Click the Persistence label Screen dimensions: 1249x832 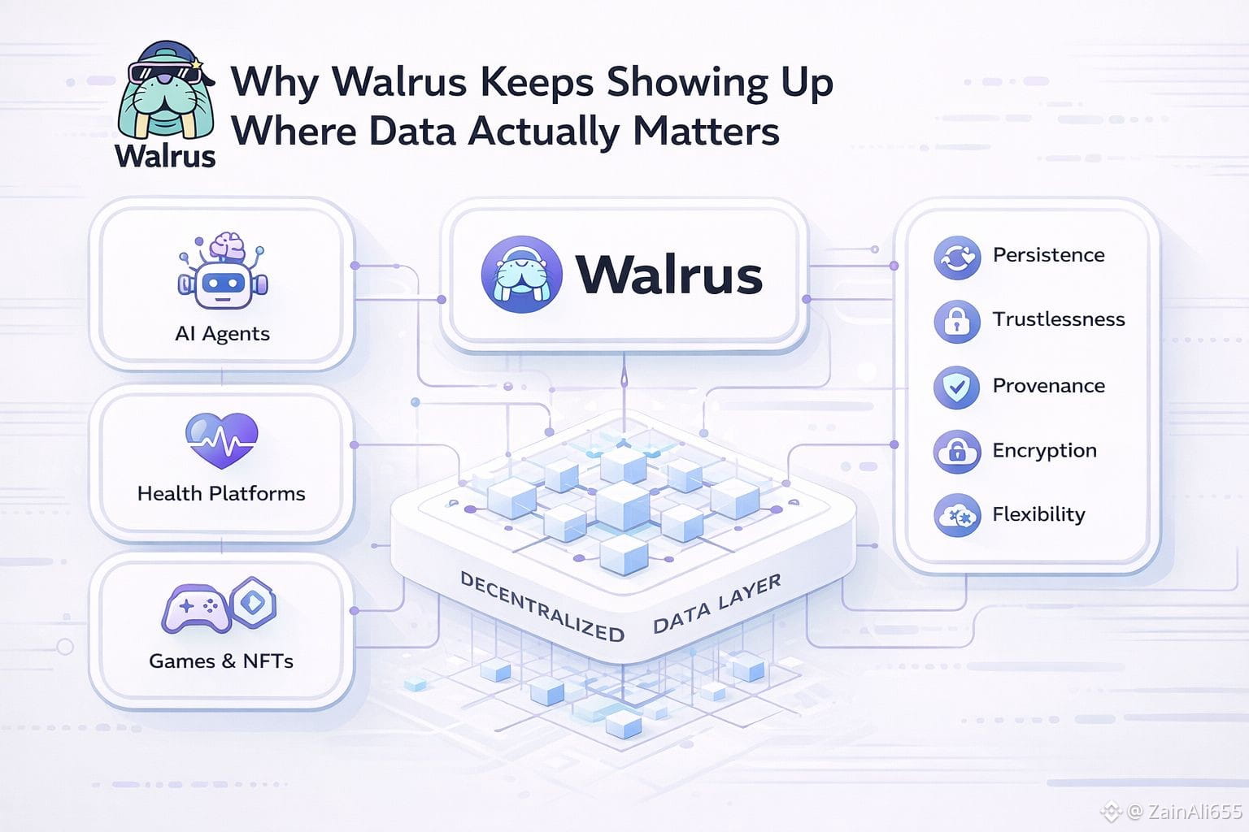1048,255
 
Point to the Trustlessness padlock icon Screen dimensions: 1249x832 957,320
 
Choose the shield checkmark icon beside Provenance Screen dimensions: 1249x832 957,386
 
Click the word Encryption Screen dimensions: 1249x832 1044,450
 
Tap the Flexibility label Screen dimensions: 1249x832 1038,514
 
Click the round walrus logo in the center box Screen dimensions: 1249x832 521,275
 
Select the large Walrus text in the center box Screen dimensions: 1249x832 669,275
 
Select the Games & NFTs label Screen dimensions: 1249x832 221,661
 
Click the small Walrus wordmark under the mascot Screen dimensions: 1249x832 165,155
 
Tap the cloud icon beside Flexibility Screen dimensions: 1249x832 956,515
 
